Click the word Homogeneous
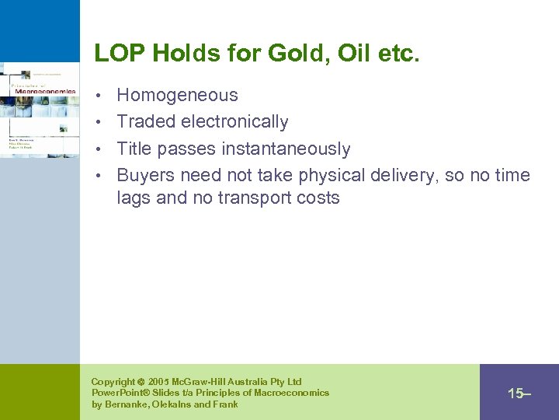click(x=177, y=96)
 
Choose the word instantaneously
click(x=286, y=149)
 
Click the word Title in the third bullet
click(x=134, y=149)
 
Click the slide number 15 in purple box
click(x=516, y=394)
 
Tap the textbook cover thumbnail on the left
click(x=40, y=109)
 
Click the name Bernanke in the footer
click(x=128, y=404)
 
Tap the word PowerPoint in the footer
click(x=120, y=393)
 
